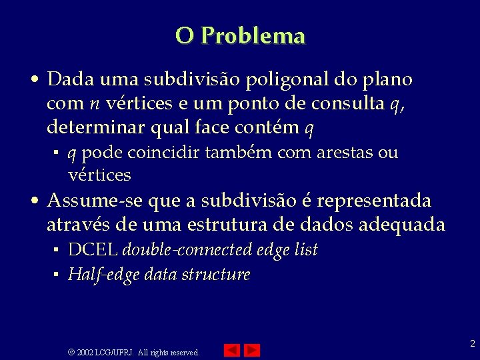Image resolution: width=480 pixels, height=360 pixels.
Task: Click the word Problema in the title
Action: click(253, 35)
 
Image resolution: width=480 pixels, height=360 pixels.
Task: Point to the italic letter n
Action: click(93, 104)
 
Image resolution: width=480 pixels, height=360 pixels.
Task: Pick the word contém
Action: click(269, 127)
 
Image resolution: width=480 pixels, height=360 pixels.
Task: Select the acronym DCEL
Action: click(93, 250)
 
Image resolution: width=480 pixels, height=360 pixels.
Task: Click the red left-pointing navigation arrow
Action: click(231, 350)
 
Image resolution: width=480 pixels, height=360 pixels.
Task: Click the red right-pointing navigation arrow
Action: click(252, 350)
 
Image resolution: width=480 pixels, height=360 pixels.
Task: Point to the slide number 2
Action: click(472, 344)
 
